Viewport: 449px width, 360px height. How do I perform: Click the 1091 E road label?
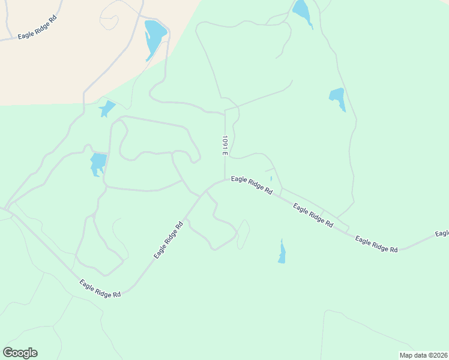tap(224, 146)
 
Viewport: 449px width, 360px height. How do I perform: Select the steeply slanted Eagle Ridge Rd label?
tap(169, 241)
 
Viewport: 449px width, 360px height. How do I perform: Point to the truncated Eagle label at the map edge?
tap(442, 233)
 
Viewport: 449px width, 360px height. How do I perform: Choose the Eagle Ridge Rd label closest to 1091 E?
tap(252, 184)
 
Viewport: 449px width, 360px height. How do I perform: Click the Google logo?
tap(20, 353)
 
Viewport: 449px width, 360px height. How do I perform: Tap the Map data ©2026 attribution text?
tap(424, 355)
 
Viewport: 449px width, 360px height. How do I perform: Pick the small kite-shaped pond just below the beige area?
tap(107, 109)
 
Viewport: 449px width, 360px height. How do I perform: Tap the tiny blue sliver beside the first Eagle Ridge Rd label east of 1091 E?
tap(271, 178)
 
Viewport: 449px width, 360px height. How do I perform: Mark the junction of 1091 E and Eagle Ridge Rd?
tap(225, 178)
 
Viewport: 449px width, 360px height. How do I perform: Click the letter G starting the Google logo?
tap(8, 353)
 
